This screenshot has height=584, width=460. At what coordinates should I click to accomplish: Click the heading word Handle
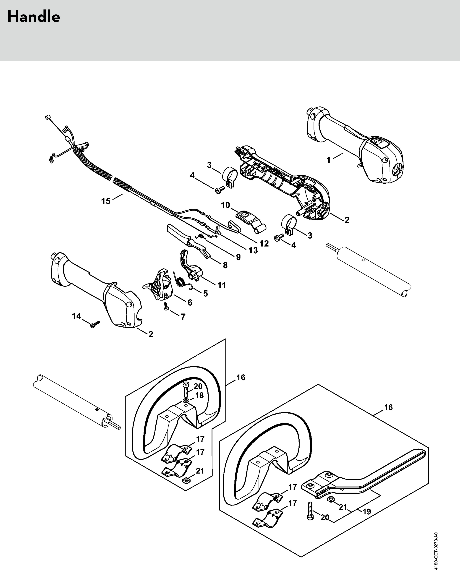point(34,17)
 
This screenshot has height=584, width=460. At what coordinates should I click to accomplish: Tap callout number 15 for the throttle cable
point(106,201)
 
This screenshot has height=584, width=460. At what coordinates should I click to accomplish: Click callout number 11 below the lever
point(222,285)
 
